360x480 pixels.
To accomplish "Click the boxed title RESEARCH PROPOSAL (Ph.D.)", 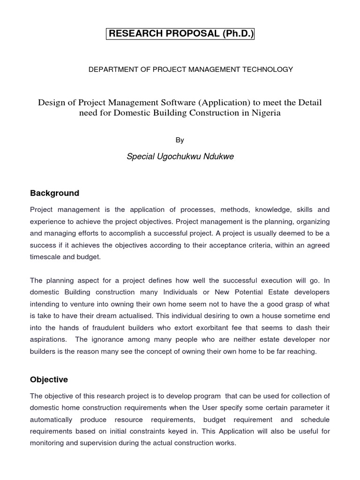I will pos(180,34).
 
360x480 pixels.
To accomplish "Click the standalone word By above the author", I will pos(180,140).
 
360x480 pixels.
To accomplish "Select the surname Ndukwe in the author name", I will pos(217,157).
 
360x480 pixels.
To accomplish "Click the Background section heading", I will pos(54,193).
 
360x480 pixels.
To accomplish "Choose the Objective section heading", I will pos(49,380).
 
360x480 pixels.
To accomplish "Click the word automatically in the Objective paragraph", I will pos(51,420).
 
